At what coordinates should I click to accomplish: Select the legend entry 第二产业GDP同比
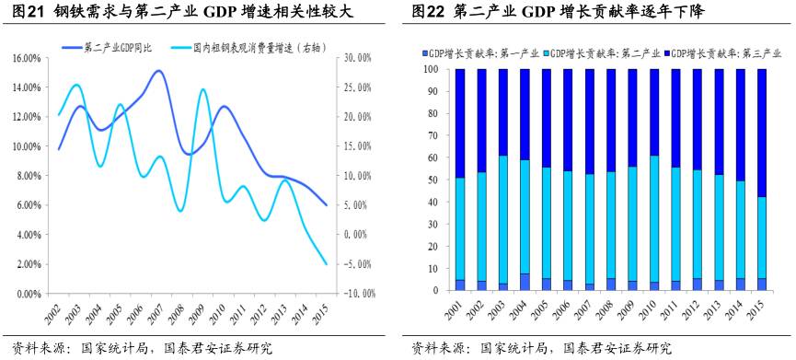114,46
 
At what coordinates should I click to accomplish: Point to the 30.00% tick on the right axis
354,58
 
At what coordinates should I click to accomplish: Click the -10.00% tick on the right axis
352,294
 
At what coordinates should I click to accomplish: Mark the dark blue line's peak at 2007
159,71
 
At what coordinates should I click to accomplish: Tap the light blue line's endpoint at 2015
327,264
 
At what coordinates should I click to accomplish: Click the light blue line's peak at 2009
203,89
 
